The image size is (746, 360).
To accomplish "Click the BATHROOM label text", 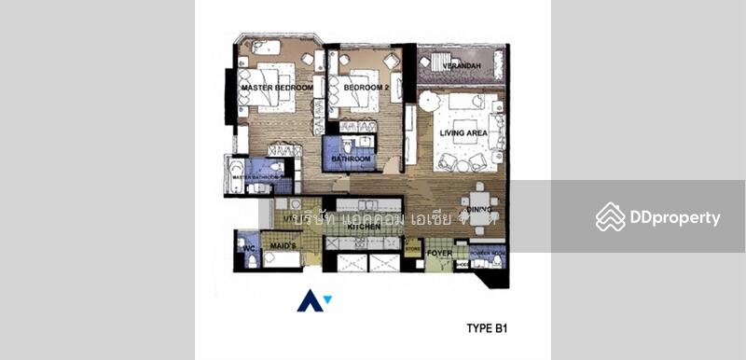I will point(352,159).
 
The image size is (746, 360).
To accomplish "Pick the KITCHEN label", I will point(362,227).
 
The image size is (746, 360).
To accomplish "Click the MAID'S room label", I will point(283,245).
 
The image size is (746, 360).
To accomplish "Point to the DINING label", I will point(480,212).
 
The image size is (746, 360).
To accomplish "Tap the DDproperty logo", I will point(658,218).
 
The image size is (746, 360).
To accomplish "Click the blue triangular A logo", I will point(311,300).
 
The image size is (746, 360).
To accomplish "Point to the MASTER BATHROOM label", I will point(261,176).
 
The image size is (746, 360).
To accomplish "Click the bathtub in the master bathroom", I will point(235,175).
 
